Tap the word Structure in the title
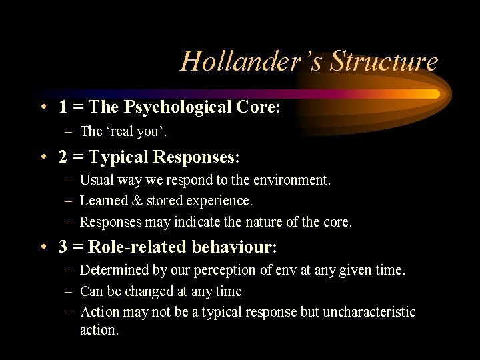(384, 61)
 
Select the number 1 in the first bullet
(62, 107)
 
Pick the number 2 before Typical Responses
(62, 157)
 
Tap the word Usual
(95, 180)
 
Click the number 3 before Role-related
(62, 247)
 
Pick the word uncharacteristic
(369, 312)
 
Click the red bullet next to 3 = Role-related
(43, 247)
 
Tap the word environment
(294, 180)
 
